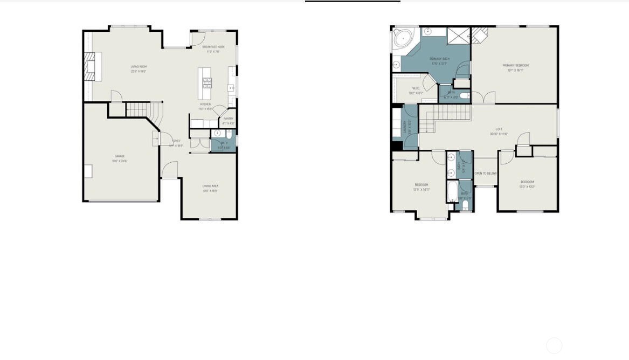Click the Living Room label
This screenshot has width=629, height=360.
[139, 67]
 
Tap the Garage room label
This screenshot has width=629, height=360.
[119, 156]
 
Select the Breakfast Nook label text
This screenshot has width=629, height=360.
[213, 47]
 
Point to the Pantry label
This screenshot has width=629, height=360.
[228, 119]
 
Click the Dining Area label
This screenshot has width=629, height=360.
[210, 186]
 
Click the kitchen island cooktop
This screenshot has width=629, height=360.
[207, 82]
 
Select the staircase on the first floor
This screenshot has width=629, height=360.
[141, 110]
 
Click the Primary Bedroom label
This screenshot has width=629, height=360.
[515, 66]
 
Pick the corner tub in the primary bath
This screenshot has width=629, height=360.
[401, 38]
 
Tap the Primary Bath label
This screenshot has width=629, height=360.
[439, 59]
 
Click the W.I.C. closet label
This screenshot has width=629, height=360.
[416, 88]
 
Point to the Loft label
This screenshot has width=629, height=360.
[499, 129]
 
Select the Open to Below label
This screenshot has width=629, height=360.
[485, 174]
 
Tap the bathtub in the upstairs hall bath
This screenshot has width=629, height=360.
[452, 191]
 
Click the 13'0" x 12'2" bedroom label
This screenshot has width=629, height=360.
[527, 182]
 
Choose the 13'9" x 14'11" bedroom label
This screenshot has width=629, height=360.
[421, 185]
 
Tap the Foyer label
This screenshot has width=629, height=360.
[176, 141]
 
